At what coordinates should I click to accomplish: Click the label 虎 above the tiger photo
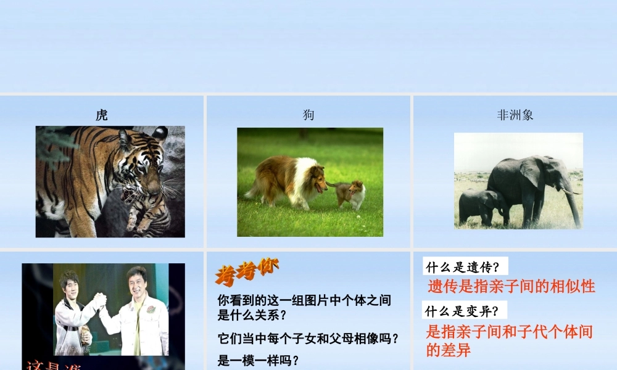coord(102,115)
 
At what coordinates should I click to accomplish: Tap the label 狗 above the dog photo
coord(308,115)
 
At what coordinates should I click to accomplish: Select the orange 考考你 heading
coord(247,272)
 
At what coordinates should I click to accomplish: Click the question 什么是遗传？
coord(466,267)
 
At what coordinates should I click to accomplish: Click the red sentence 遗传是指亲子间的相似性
coord(511,286)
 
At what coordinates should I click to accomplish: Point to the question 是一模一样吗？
coord(259,360)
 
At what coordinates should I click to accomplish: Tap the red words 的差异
coord(449,351)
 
